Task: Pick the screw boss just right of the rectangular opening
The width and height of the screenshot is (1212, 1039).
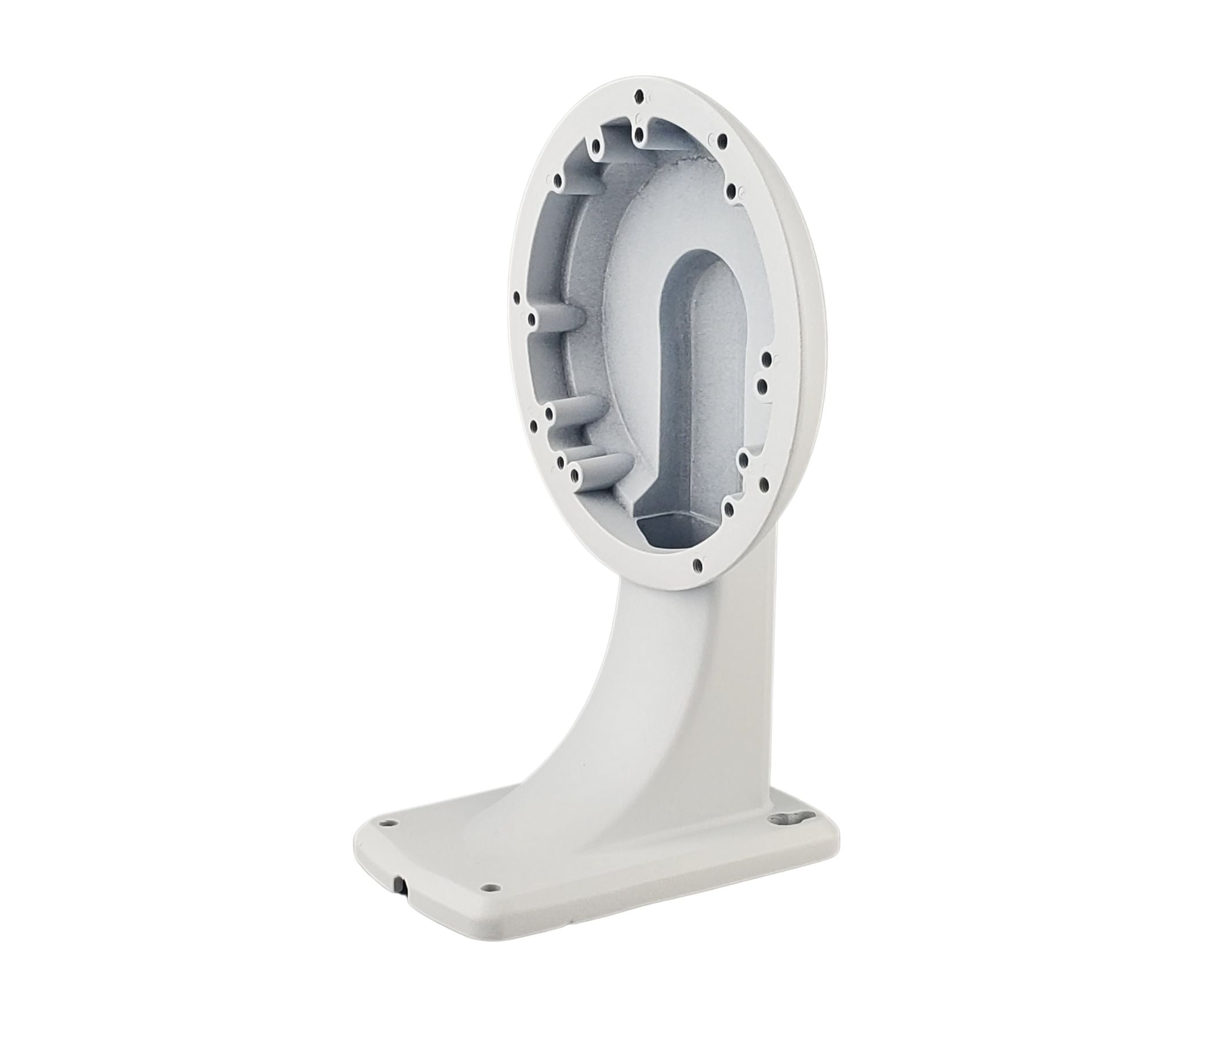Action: (x=729, y=509)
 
